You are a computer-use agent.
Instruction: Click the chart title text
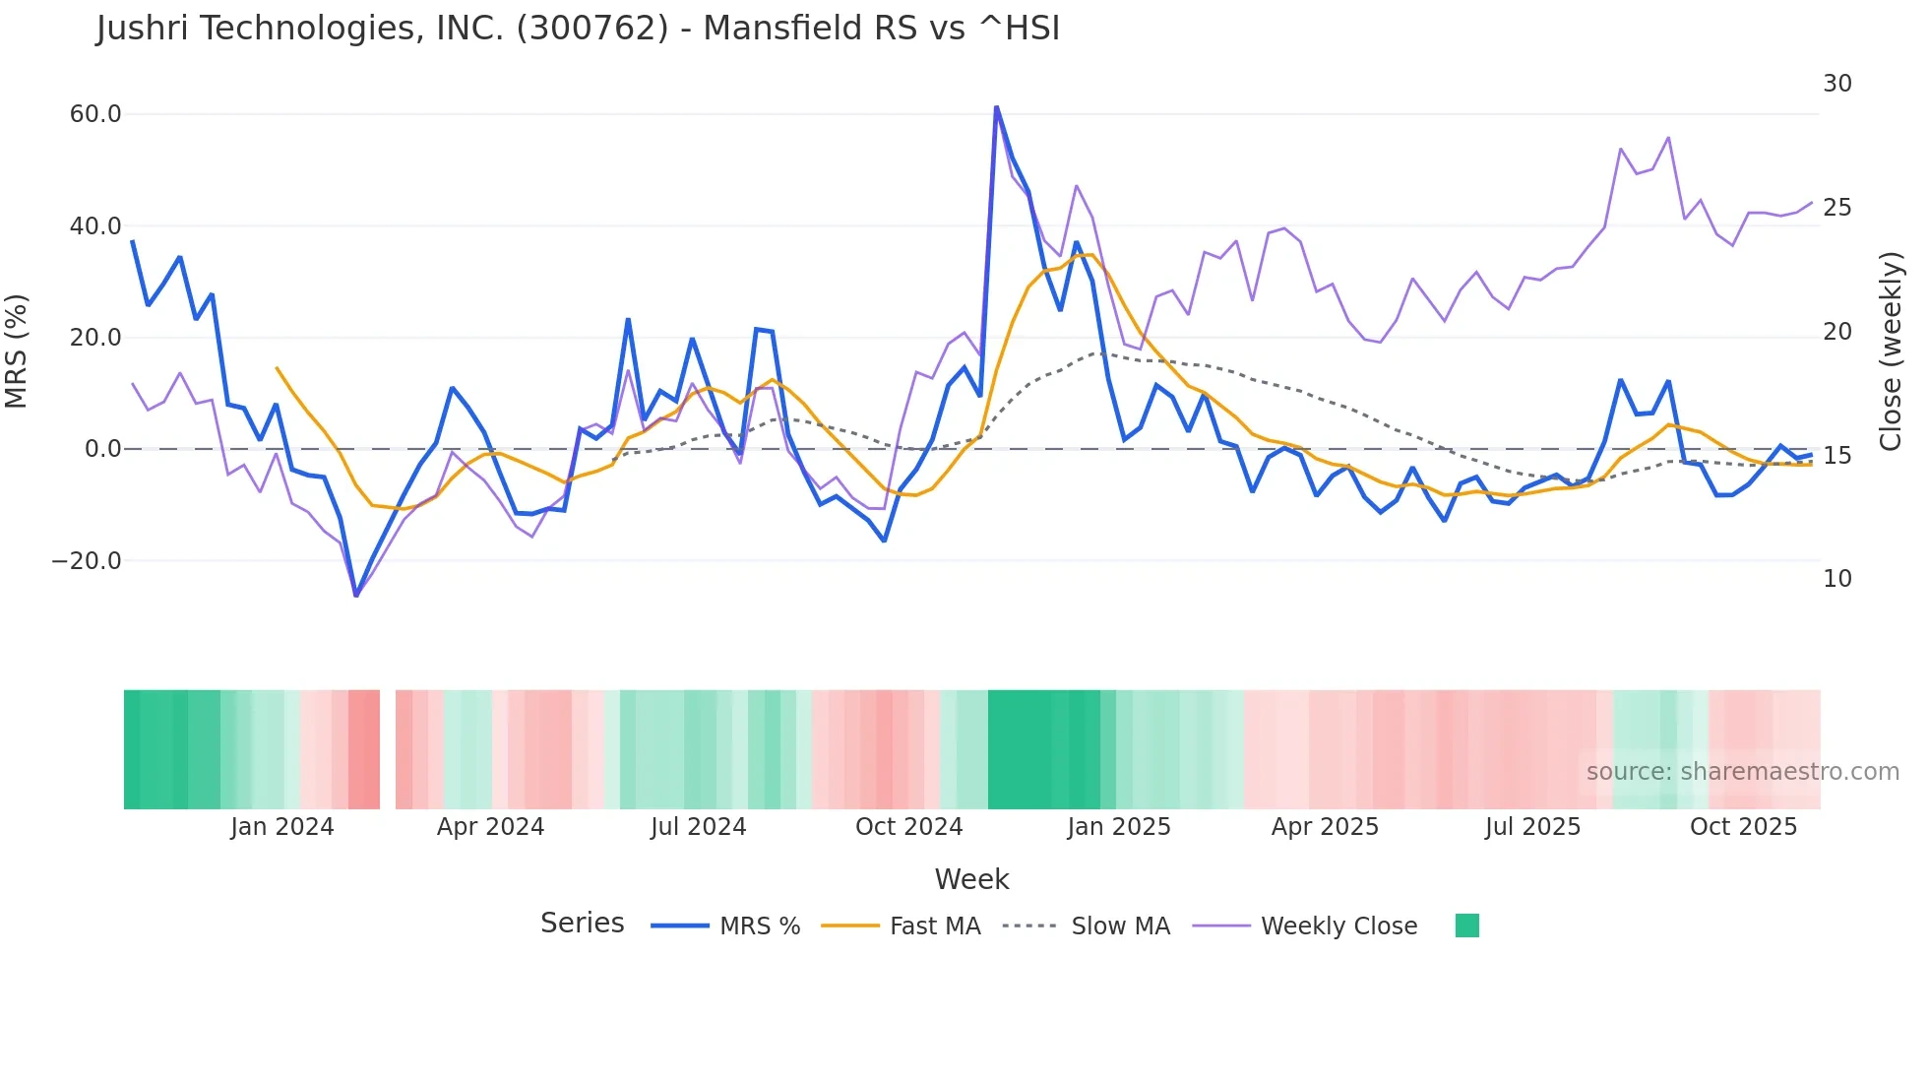pyautogui.click(x=578, y=29)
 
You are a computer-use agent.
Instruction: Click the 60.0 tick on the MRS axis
pyautogui.click(x=95, y=114)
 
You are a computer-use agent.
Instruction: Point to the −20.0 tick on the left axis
pyautogui.click(x=87, y=561)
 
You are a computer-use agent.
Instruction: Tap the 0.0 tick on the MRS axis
pyautogui.click(x=103, y=449)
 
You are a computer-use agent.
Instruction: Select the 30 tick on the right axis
pyautogui.click(x=1836, y=84)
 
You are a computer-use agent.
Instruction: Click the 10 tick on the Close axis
pyautogui.click(x=1836, y=579)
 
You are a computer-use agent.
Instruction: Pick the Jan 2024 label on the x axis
pyautogui.click(x=282, y=827)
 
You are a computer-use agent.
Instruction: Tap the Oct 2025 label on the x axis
pyautogui.click(x=1743, y=827)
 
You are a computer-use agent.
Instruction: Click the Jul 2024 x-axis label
pyautogui.click(x=698, y=827)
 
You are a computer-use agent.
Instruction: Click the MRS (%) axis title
pyautogui.click(x=17, y=351)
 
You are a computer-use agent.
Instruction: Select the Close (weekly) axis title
pyautogui.click(x=1891, y=351)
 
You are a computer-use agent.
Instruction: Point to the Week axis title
pyautogui.click(x=971, y=879)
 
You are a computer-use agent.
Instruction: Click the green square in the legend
pyautogui.click(x=1466, y=925)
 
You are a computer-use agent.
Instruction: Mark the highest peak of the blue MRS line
pyautogui.click(x=996, y=106)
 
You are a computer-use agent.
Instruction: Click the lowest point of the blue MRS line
pyautogui.click(x=356, y=596)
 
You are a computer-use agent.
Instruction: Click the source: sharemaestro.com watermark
pyautogui.click(x=1742, y=772)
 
